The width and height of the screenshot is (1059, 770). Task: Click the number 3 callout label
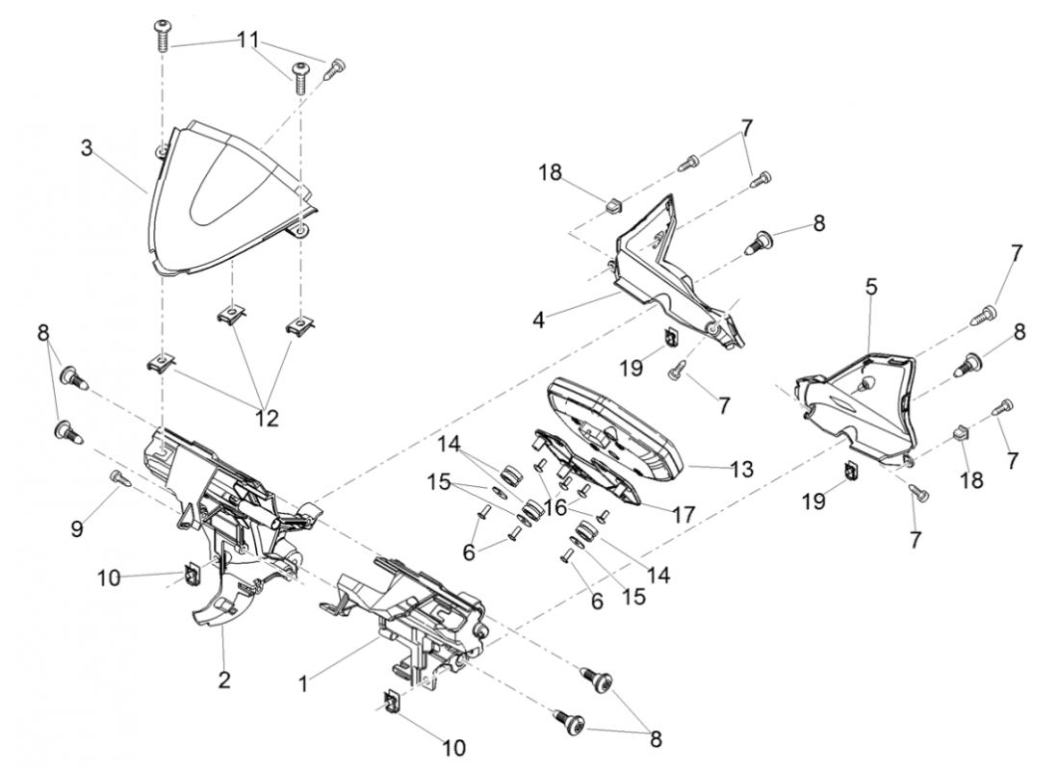tap(87, 148)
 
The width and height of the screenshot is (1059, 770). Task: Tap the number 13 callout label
tap(741, 469)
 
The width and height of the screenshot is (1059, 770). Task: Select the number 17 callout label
tap(684, 514)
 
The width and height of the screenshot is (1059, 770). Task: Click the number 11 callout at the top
tap(248, 40)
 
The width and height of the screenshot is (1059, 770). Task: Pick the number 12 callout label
tap(266, 419)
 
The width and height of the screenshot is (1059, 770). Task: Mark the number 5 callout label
tap(870, 286)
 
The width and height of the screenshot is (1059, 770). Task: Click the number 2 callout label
tap(224, 680)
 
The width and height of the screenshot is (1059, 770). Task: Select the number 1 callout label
tap(303, 683)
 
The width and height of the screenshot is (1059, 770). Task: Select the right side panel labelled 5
tap(857, 404)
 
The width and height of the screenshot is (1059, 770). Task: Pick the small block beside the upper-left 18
tap(609, 203)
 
